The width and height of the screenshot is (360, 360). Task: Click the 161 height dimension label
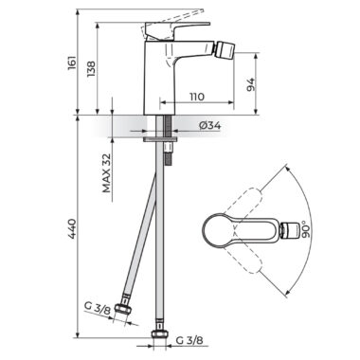pos(72,63)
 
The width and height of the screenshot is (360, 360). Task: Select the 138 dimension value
pos(91,69)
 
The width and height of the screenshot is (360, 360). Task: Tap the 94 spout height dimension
pos(250,84)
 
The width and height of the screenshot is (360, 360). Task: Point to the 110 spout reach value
pos(197,96)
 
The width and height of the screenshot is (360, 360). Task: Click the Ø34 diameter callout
pos(210,125)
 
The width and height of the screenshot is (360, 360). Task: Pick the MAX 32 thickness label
pos(107,172)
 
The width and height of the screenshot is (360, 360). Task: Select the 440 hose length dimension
pos(72,228)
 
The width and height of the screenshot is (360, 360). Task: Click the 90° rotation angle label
pos(306,229)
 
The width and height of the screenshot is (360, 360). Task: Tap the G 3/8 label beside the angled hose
pos(98,306)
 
